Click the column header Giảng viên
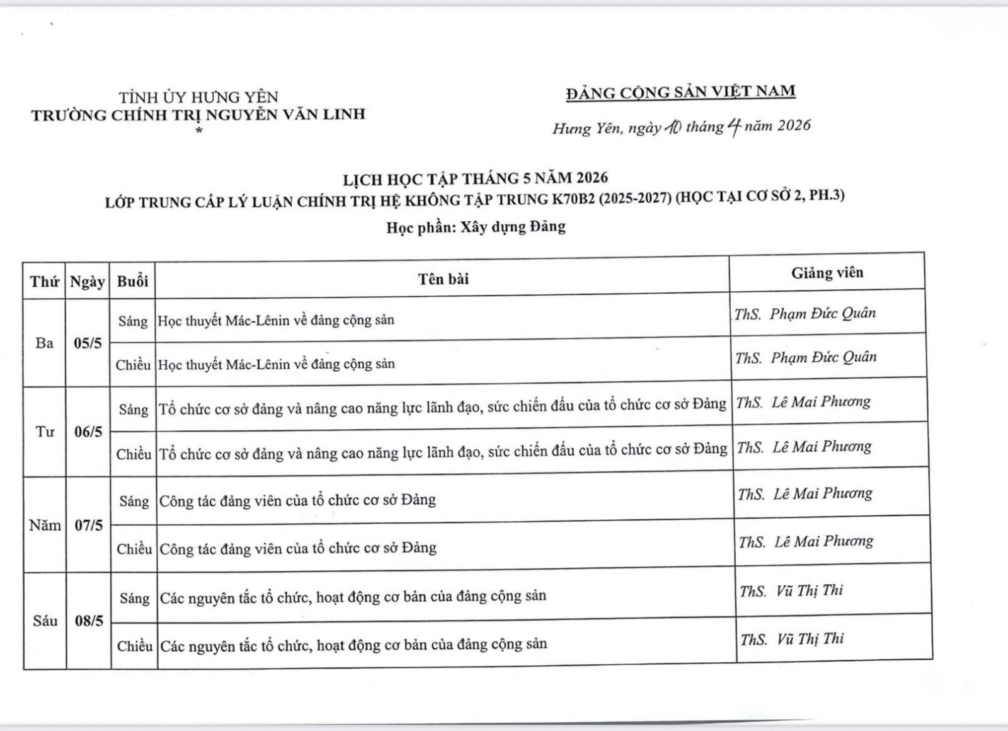pyautogui.click(x=827, y=273)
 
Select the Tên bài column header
pyautogui.click(x=443, y=279)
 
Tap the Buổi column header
pyautogui.click(x=132, y=281)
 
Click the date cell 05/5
pyautogui.click(x=88, y=343)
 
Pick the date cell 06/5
pyautogui.click(x=88, y=432)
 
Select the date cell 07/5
pyautogui.click(x=88, y=525)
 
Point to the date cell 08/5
pyautogui.click(x=89, y=621)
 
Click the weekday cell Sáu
pyautogui.click(x=45, y=621)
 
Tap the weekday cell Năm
pyautogui.click(x=45, y=525)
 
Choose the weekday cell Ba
pyautogui.click(x=44, y=343)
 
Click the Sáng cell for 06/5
pyautogui.click(x=134, y=410)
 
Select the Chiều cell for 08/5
pyautogui.click(x=135, y=646)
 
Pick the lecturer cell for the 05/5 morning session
pyautogui.click(x=805, y=313)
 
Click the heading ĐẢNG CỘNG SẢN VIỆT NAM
pyautogui.click(x=680, y=92)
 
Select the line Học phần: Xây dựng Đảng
pyautogui.click(x=476, y=227)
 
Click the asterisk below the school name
pyautogui.click(x=199, y=131)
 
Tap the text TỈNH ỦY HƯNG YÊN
pyautogui.click(x=198, y=97)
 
